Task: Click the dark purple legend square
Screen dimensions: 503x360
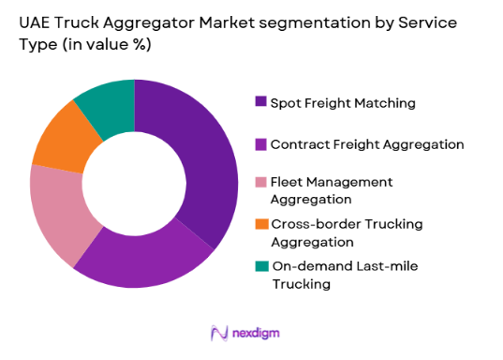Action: click(x=260, y=101)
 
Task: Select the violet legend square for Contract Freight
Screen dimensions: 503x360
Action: click(x=260, y=144)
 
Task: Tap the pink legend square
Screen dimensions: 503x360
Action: click(x=260, y=181)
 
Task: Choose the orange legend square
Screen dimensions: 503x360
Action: click(x=260, y=223)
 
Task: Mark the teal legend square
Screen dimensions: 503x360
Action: click(x=260, y=267)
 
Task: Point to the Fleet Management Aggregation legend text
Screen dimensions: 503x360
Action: click(x=332, y=189)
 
